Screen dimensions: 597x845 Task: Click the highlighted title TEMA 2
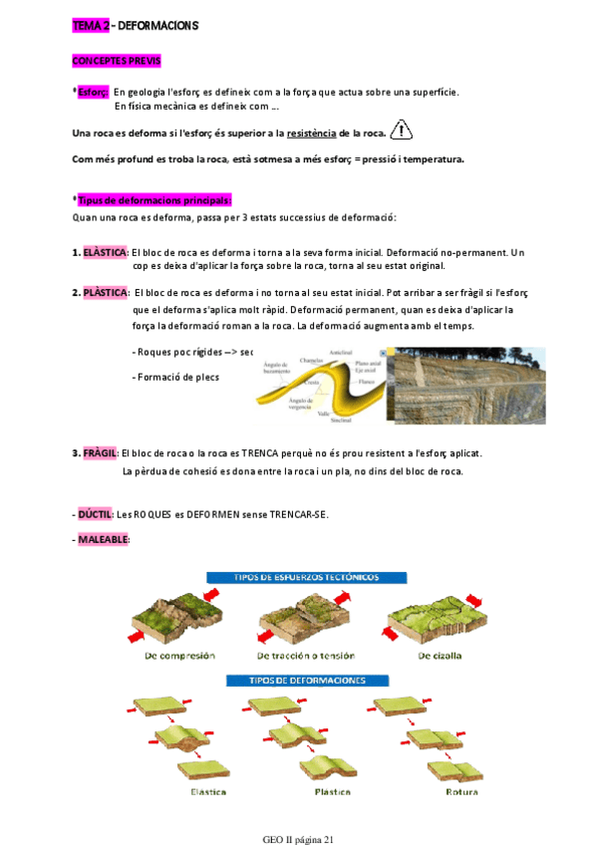click(92, 23)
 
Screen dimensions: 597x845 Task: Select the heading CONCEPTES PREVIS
click(117, 60)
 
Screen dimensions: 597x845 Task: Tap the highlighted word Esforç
click(93, 92)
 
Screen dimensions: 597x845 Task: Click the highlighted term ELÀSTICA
click(105, 253)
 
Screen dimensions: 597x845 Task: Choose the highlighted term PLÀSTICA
click(105, 293)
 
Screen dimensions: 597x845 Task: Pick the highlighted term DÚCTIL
click(95, 514)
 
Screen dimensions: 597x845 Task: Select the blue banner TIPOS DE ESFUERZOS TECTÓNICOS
click(305, 577)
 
